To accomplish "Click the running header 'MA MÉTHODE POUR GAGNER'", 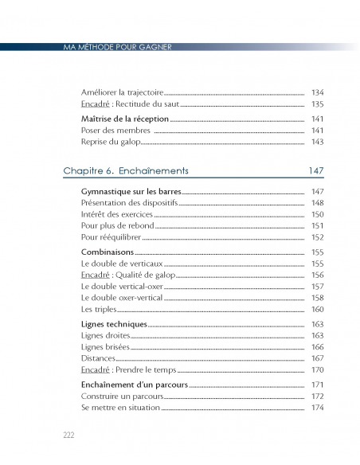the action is tap(117, 47).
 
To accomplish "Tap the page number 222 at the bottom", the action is tap(68, 434).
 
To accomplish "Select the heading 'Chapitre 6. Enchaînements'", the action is tap(125, 171).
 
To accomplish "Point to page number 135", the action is tap(317, 104).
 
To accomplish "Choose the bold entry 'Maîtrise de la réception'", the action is tap(125, 119).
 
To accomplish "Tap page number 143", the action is tap(317, 142).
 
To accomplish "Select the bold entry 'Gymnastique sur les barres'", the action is tap(131, 192).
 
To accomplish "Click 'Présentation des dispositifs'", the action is tap(129, 203).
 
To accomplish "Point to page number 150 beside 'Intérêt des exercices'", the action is tap(317, 214).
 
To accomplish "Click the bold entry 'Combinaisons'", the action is tap(108, 252).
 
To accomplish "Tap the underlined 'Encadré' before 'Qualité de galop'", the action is tap(95, 275).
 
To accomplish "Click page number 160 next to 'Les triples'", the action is tap(317, 309).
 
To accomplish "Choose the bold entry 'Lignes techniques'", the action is tap(114, 324).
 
